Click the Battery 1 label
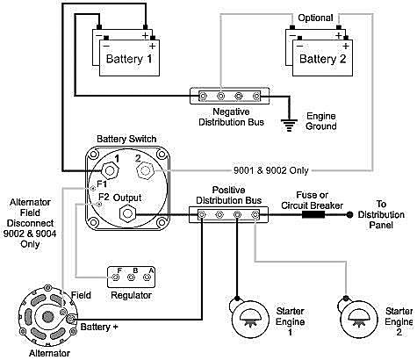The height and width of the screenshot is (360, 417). tap(129, 59)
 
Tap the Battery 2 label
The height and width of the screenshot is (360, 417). tap(322, 59)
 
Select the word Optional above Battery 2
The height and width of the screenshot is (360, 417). tap(315, 18)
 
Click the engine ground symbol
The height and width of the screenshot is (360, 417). tap(289, 125)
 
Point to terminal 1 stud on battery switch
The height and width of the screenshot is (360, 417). tap(110, 170)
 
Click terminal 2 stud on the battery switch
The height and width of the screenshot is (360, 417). tap(145, 170)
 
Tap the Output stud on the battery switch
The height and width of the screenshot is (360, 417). tap(128, 213)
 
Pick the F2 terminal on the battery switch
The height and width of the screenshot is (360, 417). tap(99, 204)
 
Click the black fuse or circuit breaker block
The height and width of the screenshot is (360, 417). tap(313, 215)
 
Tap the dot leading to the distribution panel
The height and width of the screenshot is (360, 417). tap(349, 215)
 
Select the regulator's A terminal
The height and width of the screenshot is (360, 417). tap(147, 277)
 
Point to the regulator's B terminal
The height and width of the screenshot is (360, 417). tap(132, 277)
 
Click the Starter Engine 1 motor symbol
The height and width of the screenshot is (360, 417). tap(249, 319)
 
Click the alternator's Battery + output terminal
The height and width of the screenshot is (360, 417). tap(71, 319)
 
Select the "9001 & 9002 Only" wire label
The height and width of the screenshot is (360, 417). tap(271, 170)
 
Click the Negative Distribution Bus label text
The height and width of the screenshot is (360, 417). tap(231, 117)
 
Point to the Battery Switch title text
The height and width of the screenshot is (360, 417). tap(126, 139)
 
